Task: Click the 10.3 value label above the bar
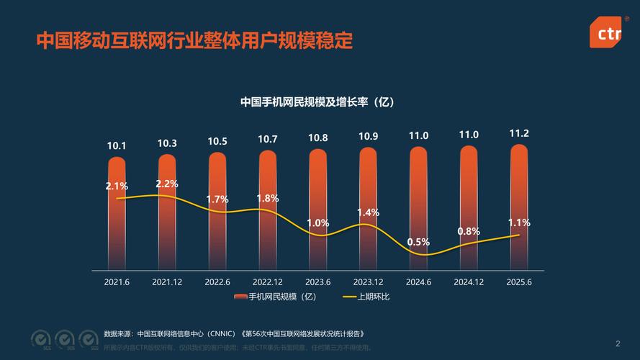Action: tap(167, 143)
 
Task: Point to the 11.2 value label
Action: tap(519, 133)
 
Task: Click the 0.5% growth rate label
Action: tap(418, 242)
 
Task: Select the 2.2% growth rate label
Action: tap(167, 184)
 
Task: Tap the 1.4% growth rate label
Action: tap(368, 212)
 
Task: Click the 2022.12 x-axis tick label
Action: tap(268, 282)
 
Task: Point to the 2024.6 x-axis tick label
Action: tap(418, 282)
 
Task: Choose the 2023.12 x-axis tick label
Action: tap(368, 282)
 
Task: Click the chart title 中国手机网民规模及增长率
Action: tap(317, 102)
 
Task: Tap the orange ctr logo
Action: tap(605, 32)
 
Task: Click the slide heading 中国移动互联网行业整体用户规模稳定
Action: tap(195, 40)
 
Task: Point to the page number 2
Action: tap(618, 343)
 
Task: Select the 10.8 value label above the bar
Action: tap(318, 138)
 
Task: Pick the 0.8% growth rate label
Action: tap(469, 231)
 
